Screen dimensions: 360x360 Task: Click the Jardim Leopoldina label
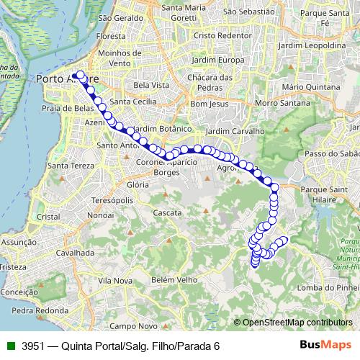tap(311, 45)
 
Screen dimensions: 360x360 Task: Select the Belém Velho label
tap(174, 279)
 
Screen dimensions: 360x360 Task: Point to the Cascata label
tap(167, 213)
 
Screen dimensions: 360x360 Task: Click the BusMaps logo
tap(325, 345)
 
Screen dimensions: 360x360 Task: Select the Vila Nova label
tap(114, 280)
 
